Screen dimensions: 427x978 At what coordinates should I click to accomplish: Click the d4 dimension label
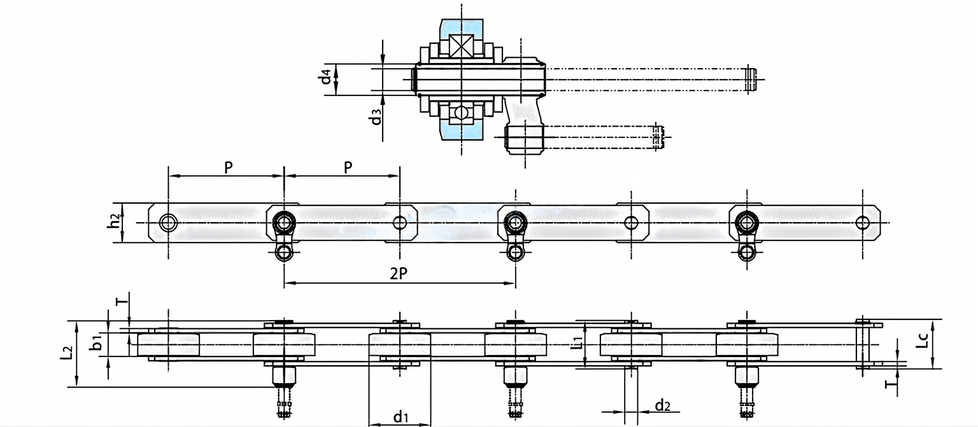[326, 77]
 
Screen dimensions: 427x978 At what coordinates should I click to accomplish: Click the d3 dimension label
[378, 117]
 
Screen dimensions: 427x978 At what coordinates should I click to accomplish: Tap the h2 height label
[113, 222]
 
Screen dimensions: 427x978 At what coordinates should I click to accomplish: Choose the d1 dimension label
[400, 417]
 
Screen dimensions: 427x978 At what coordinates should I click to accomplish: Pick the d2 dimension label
[662, 405]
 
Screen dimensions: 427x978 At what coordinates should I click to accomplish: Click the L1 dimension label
[577, 344]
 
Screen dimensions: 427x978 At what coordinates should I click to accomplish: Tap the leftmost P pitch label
[227, 167]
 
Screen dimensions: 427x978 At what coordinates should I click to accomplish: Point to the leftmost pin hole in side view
[168, 223]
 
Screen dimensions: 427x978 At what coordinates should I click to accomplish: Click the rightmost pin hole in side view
[863, 222]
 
